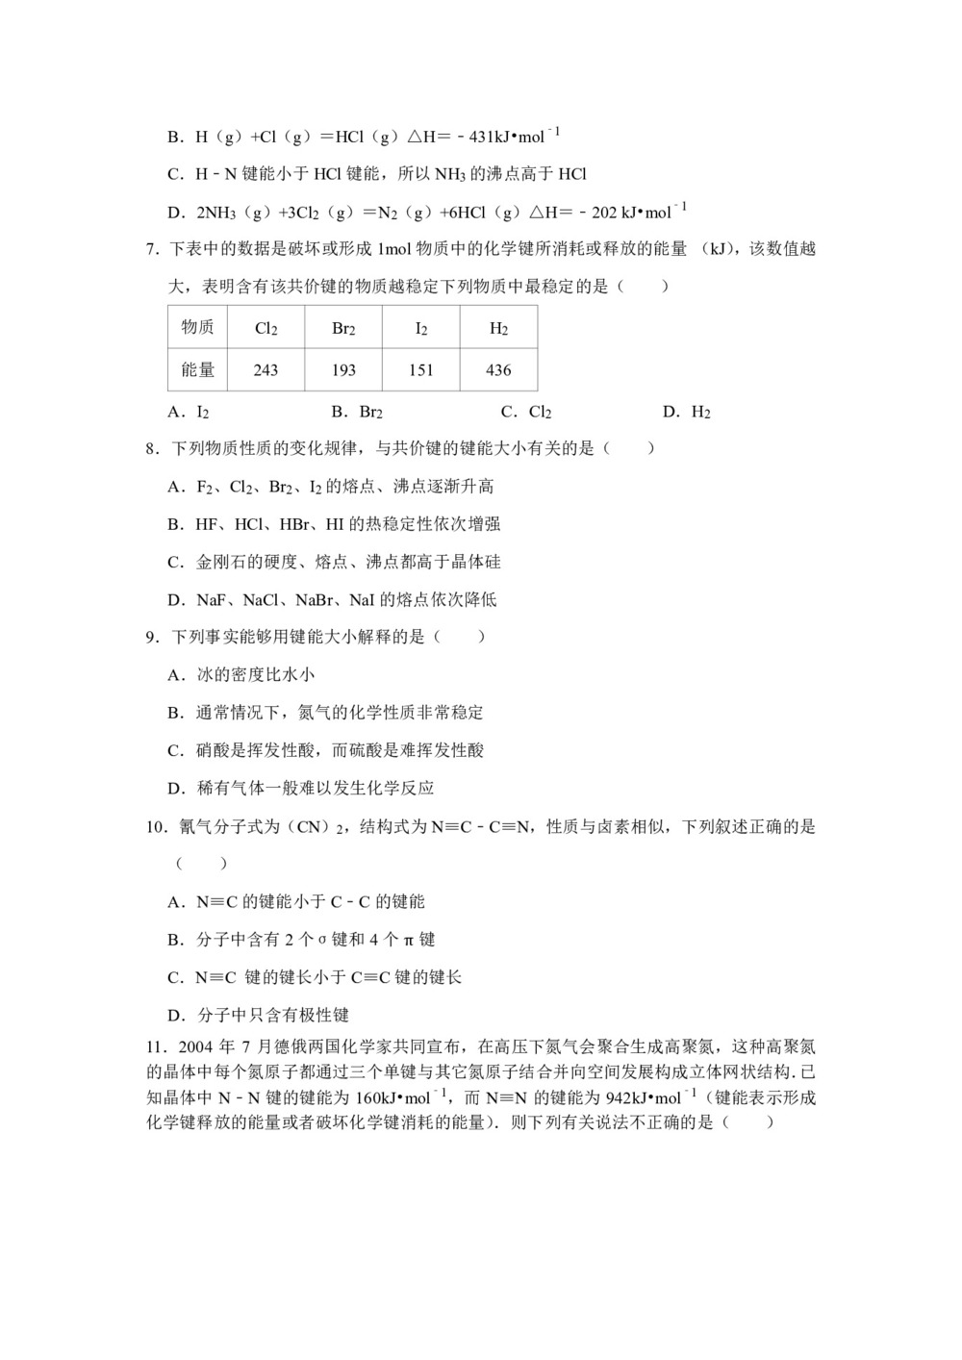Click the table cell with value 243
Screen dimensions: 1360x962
pos(266,370)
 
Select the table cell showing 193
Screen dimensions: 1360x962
pos(343,370)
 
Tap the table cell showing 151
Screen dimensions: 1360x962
pos(421,370)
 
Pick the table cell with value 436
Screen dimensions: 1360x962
pos(498,370)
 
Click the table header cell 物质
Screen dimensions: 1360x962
pos(197,328)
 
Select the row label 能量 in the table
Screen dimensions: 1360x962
pos(197,370)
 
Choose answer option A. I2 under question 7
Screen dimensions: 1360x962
pos(189,413)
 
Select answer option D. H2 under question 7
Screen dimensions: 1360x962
pos(687,413)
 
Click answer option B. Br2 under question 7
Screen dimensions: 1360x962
pos(357,413)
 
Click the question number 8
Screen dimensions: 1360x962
pos(151,449)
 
